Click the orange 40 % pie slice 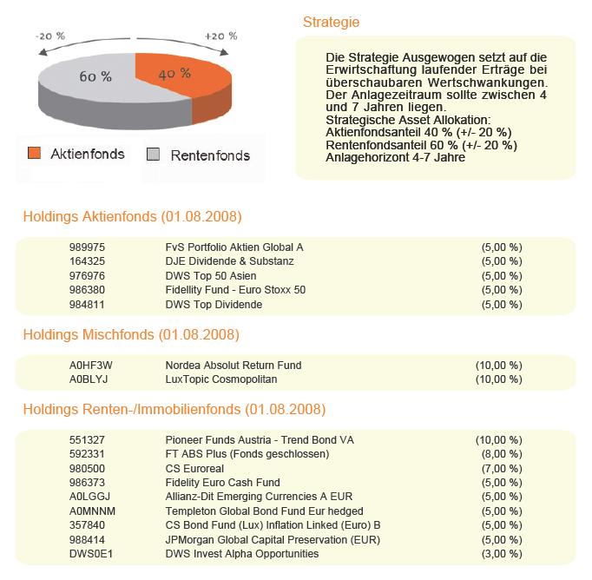pos(178,73)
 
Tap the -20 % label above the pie pos(50,36)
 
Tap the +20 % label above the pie pos(220,36)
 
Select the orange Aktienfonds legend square pos(34,155)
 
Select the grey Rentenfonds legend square pos(154,155)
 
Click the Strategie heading pos(331,23)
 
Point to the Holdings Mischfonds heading pos(131,334)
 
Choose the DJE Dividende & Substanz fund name pos(229,261)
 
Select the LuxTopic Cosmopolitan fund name pos(222,379)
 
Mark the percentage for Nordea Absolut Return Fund pos(498,366)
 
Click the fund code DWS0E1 pos(88,554)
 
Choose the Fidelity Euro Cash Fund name pos(223,483)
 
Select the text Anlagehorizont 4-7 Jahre pos(396,158)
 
